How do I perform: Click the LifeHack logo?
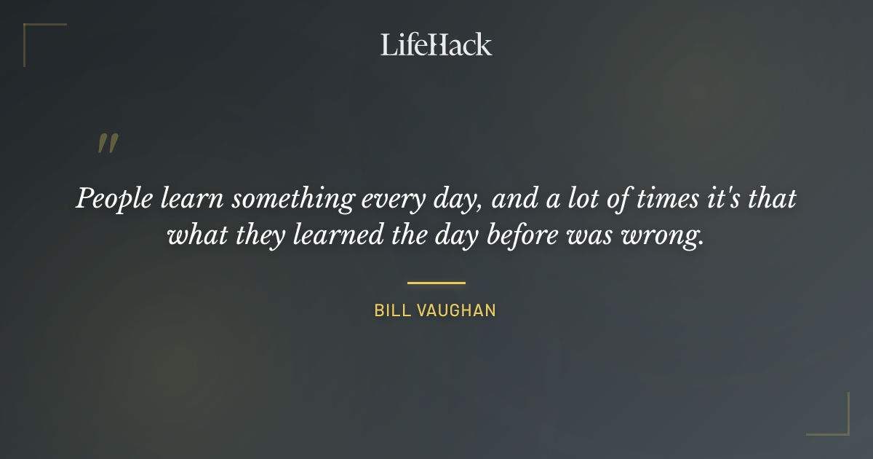(x=436, y=44)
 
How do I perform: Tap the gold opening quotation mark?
(x=107, y=144)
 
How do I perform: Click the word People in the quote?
(x=111, y=199)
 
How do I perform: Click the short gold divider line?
(x=436, y=283)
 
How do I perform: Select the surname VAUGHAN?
(x=458, y=310)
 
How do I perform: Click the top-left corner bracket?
(x=33, y=33)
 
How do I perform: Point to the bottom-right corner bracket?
(x=840, y=426)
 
